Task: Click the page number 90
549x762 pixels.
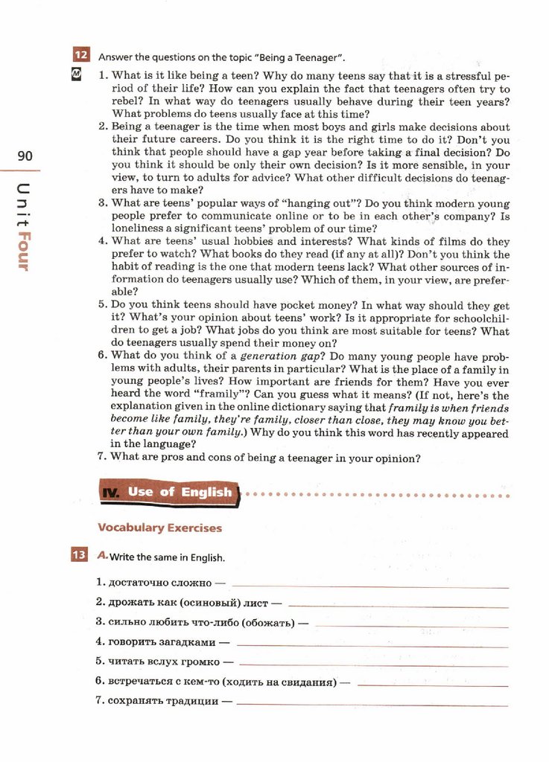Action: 25,156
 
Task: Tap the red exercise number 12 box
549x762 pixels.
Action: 80,55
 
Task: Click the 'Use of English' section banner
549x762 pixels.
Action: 169,492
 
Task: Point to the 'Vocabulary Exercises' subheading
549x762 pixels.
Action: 159,528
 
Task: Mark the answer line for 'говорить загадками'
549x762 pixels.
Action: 372,643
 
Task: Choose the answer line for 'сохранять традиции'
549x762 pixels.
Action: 372,702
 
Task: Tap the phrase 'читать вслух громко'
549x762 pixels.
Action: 164,662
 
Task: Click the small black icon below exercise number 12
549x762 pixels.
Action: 76,74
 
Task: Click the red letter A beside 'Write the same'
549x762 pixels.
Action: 102,555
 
